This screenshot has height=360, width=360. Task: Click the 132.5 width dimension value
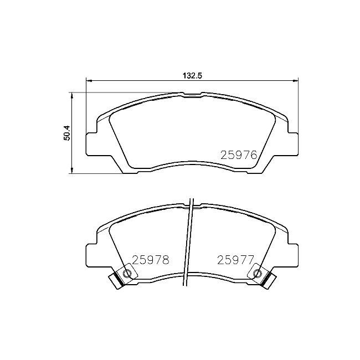click(x=191, y=76)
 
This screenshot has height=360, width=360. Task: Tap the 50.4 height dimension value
click(x=66, y=133)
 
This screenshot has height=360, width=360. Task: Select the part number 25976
click(x=239, y=156)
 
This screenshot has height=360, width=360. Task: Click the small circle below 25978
click(x=128, y=273)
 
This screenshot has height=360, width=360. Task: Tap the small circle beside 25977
click(x=256, y=272)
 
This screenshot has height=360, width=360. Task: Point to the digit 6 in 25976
click(x=254, y=156)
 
